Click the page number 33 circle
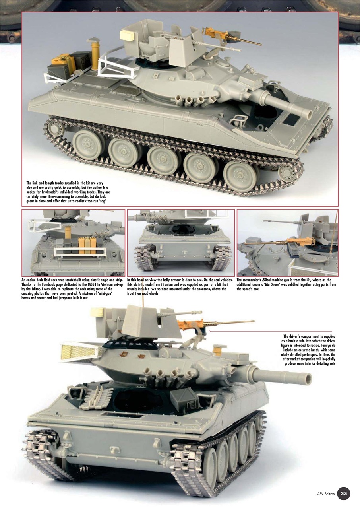344,494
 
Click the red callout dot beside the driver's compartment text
209,331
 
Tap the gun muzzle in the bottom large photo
310,377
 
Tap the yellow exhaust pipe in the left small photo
67,233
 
